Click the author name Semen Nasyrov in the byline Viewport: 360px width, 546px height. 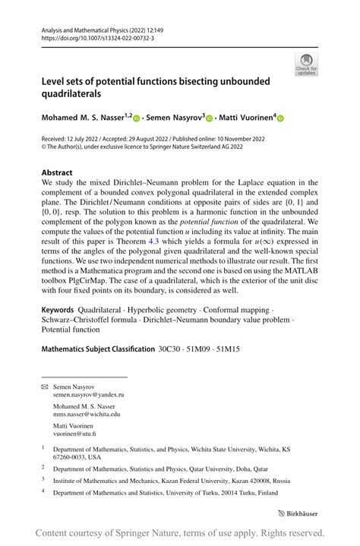pyautogui.click(x=174, y=118)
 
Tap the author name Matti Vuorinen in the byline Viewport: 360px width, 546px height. pyautogui.click(x=245, y=118)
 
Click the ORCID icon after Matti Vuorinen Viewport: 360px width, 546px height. pyautogui.click(x=280, y=118)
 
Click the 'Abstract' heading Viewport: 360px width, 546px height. pyautogui.click(x=57, y=172)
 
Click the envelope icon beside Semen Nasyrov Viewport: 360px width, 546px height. pyautogui.click(x=44, y=387)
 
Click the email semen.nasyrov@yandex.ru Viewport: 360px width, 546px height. pyautogui.click(x=88, y=395)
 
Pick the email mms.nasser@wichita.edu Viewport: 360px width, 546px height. pyautogui.click(x=86, y=414)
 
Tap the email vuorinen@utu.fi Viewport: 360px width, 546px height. pyautogui.click(x=74, y=433)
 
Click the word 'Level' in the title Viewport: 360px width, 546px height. pyautogui.click(x=55, y=80)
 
